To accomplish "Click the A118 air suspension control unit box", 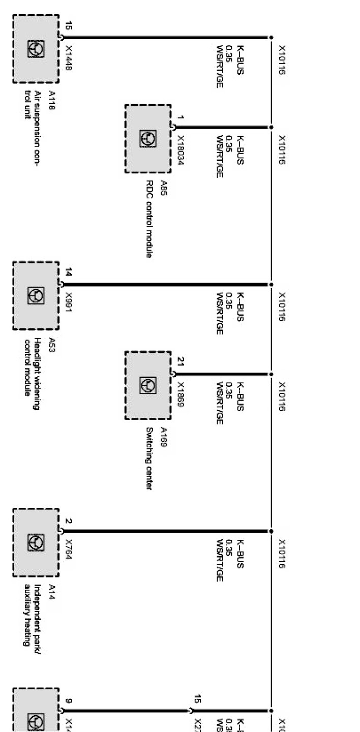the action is point(36,49).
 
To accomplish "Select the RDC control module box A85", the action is point(147,138).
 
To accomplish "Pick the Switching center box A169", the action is point(147,385).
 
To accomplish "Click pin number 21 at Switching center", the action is point(181,361).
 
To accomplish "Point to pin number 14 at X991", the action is point(69,272).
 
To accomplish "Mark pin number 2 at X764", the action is point(69,521).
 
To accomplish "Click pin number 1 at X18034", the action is point(181,117).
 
